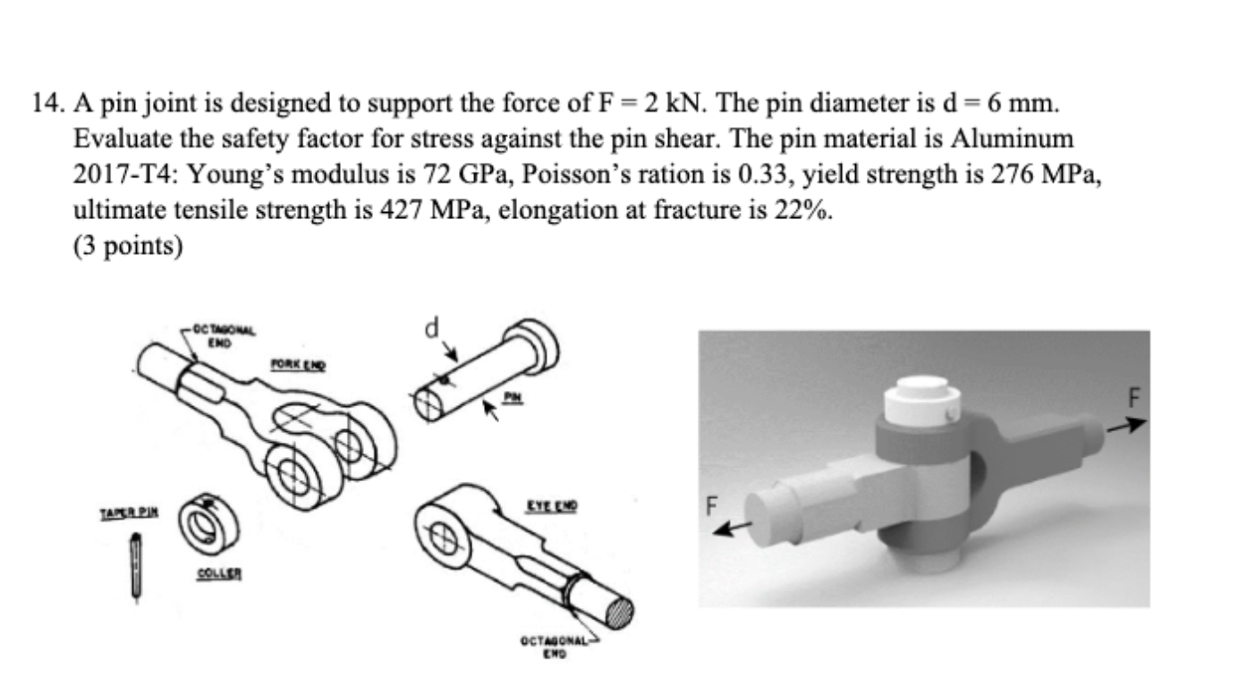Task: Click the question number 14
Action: tap(45, 106)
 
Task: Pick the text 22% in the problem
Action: tap(814, 210)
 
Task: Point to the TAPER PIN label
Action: tap(128, 513)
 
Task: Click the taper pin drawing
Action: tap(135, 565)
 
